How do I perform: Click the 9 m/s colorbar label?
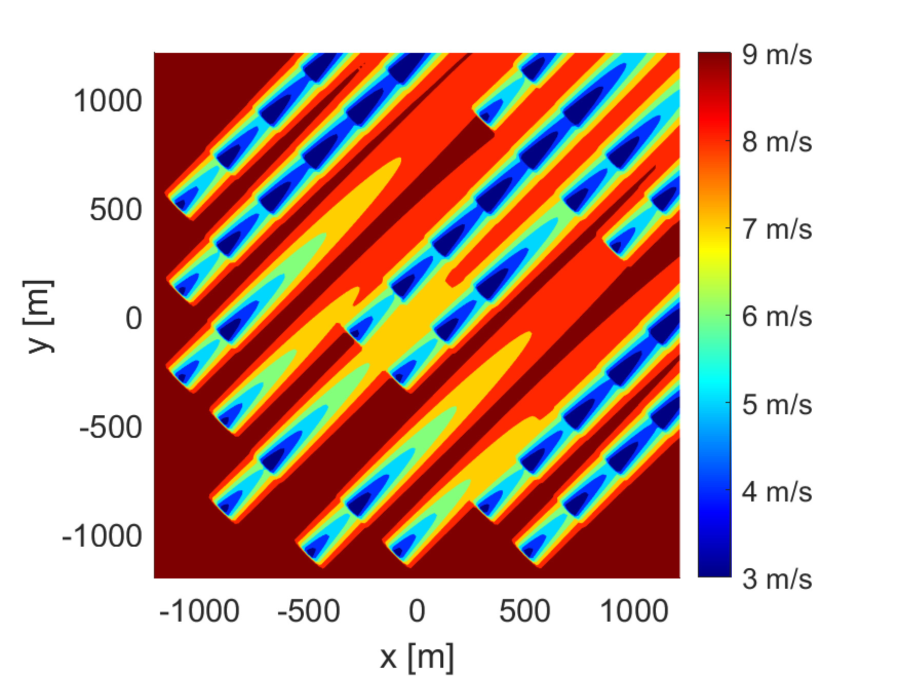pos(776,54)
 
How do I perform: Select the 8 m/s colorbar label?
pos(776,142)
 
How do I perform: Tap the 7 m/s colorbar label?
pos(776,229)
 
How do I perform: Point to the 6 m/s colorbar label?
pos(776,316)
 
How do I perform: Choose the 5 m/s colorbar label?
pos(776,404)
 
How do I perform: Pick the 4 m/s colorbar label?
pos(776,492)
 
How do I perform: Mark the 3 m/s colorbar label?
pos(776,579)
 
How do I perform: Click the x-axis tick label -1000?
pos(199,611)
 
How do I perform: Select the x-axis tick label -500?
pos(308,611)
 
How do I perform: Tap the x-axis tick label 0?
pos(417,611)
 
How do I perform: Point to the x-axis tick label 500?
pos(525,611)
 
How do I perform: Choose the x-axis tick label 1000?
pos(634,611)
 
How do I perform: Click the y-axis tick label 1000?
pos(108,101)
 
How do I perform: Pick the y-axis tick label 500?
pos(115,210)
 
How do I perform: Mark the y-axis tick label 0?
pos(134,319)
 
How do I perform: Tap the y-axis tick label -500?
pos(110,428)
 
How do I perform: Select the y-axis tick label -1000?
pos(102,536)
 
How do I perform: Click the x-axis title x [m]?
pos(417,656)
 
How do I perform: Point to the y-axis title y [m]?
pos(39,316)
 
